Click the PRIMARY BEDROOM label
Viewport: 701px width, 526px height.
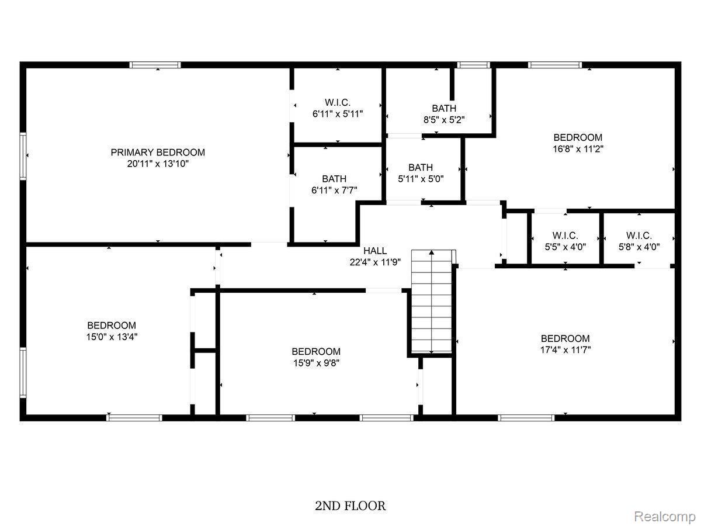[158, 153]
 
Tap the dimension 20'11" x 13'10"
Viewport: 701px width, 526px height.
[158, 164]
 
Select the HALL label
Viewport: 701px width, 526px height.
[374, 251]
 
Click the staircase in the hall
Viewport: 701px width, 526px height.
[432, 301]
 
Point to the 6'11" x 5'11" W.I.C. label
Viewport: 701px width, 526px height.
[338, 114]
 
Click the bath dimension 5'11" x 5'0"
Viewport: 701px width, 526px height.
[421, 179]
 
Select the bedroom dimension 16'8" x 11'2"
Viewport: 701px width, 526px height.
[578, 149]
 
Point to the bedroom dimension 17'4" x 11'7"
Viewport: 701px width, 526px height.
[565, 350]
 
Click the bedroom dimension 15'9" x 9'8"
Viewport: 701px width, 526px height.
[316, 363]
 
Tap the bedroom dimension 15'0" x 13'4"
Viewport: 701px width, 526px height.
[112, 337]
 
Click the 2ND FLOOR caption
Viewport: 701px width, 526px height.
[350, 506]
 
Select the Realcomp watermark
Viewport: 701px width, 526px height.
[665, 517]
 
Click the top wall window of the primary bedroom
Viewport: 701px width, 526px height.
[155, 65]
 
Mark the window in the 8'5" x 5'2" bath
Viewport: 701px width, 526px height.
[473, 65]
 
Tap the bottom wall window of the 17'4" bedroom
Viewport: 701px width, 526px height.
[526, 417]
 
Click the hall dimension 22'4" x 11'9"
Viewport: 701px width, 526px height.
[374, 262]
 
